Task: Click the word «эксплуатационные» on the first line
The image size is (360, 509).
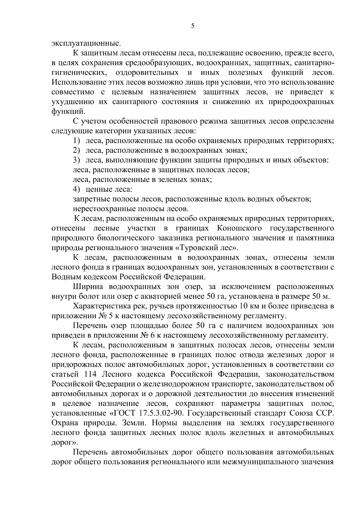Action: (x=86, y=43)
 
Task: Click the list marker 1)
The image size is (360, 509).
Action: (x=76, y=141)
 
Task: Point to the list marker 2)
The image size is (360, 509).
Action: (x=76, y=151)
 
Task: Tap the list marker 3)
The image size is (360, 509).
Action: (x=76, y=160)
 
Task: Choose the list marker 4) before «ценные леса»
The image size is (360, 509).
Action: (x=76, y=190)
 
